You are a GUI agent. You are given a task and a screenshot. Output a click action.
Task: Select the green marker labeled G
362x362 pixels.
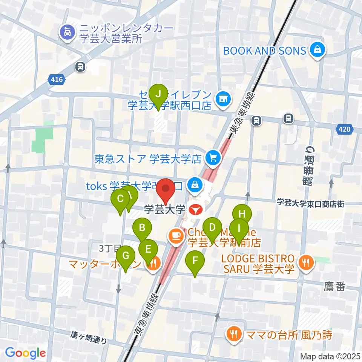(126, 256)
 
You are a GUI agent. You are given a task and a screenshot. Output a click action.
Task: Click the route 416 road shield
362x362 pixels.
(57, 79)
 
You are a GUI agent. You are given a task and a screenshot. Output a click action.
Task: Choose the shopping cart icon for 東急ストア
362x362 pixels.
(213, 158)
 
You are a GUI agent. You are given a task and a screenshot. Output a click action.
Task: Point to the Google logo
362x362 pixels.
(25, 353)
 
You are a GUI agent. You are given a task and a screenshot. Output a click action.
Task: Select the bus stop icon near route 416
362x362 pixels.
(80, 67)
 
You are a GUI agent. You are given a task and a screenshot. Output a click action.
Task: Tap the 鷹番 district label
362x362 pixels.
(334, 287)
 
